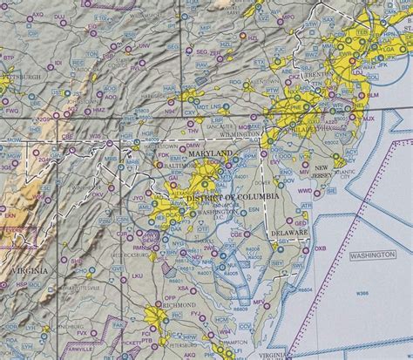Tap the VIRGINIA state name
tap(28, 271)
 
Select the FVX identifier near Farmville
tap(107, 332)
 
